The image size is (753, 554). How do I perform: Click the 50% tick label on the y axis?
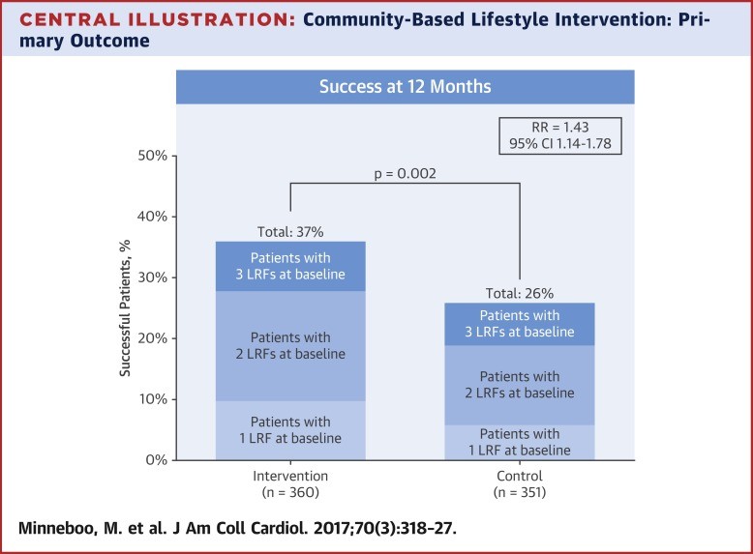153,156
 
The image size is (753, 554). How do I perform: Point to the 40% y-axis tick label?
153,217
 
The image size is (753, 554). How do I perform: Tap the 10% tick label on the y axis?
153,399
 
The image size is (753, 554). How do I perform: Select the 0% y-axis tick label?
157,460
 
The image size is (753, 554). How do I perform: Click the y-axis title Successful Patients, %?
125,308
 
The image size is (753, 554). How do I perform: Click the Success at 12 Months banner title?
406,86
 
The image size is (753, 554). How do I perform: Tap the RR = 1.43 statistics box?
560,135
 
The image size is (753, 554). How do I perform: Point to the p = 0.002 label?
406,174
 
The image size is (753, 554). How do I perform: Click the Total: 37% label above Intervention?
290,232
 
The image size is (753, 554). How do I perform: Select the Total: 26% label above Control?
520,294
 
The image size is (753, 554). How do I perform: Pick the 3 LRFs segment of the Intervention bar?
290,266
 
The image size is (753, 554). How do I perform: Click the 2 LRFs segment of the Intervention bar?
290,346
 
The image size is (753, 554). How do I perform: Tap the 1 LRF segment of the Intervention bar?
290,430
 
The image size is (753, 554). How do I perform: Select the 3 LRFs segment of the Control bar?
520,324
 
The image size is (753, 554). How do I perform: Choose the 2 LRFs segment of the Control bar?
520,385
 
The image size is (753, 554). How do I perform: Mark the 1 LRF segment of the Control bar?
520,442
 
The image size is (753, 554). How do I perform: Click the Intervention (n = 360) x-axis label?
290,484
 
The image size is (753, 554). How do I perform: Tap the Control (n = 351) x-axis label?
520,484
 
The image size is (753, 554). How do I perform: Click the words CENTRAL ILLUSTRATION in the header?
157,19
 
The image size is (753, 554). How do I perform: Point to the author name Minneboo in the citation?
57,528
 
